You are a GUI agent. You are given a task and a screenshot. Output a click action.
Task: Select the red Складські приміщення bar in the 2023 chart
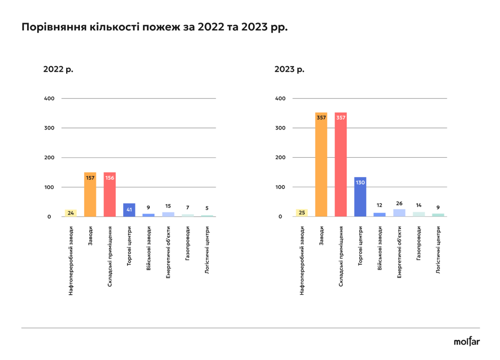coord(341,166)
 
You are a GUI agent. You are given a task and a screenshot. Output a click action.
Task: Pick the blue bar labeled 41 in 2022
coord(129,210)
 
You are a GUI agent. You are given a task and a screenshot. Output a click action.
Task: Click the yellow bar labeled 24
coord(71,213)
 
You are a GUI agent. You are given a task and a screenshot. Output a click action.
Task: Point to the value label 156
coord(110,177)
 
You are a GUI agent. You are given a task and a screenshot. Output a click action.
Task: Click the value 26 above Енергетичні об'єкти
coord(399,203)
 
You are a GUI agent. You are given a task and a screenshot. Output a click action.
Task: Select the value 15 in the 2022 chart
coord(168,206)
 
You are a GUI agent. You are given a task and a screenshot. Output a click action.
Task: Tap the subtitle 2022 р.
coord(58,69)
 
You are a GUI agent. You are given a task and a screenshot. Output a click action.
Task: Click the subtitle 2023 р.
coord(290,69)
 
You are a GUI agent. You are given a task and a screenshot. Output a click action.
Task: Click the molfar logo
coord(466,342)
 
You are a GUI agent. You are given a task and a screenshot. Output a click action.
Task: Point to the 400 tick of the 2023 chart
coord(280,98)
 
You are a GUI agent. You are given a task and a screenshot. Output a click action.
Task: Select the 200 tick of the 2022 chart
coord(49,158)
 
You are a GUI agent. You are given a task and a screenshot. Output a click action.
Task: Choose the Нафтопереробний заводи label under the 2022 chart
coord(71,260)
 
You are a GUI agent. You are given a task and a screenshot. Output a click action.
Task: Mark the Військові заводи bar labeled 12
coord(380,214)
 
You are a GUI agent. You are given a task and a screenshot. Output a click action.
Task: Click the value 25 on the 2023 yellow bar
coord(302,213)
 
